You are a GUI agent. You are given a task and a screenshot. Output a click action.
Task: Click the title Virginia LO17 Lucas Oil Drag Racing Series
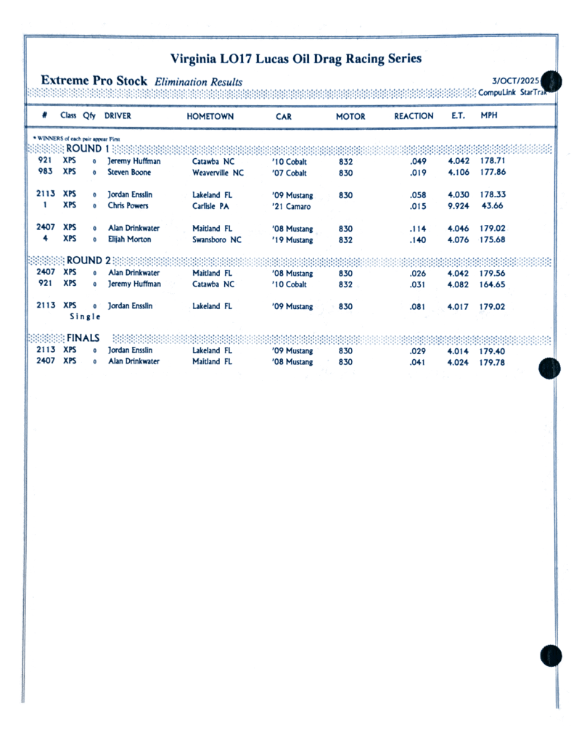click(295, 59)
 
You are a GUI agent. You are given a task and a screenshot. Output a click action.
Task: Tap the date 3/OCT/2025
click(515, 81)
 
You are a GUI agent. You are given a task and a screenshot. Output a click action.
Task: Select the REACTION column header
click(414, 116)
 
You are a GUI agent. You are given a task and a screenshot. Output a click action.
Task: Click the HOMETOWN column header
click(210, 116)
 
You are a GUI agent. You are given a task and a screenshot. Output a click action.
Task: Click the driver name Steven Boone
click(130, 173)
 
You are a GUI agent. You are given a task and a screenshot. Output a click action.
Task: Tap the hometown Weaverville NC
click(218, 173)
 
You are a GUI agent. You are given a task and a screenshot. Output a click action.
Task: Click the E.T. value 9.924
click(459, 207)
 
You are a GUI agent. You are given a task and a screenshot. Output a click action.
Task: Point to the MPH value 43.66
click(493, 206)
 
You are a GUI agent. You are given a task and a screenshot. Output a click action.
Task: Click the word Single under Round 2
click(85, 317)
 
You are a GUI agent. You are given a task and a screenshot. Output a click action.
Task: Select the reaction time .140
click(417, 240)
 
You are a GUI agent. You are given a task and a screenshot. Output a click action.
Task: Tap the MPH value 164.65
click(492, 285)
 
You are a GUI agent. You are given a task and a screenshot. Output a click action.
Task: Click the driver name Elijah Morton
click(130, 239)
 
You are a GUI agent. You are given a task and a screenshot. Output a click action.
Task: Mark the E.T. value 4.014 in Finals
click(459, 352)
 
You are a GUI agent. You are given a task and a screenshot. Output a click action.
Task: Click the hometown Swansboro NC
click(216, 240)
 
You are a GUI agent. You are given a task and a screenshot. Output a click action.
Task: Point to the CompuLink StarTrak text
click(512, 92)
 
